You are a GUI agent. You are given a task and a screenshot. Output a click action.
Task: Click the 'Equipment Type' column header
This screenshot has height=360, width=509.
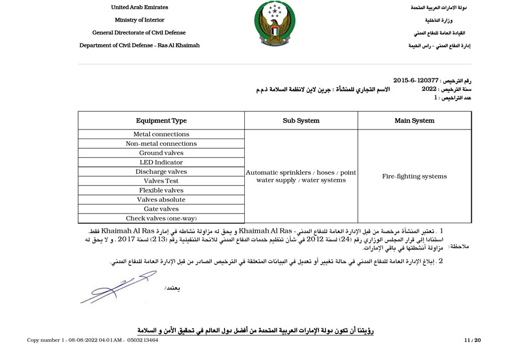click(x=161, y=120)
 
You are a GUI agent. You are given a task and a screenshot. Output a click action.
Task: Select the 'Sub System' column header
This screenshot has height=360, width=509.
click(x=301, y=120)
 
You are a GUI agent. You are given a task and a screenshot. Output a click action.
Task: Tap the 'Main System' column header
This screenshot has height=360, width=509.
click(x=414, y=120)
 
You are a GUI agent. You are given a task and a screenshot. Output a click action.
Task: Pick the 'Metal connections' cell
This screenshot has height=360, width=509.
click(x=161, y=135)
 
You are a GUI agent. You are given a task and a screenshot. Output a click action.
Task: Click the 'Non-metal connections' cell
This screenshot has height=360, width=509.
click(x=161, y=144)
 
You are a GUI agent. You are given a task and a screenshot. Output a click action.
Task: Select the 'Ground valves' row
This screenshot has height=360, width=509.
click(x=161, y=153)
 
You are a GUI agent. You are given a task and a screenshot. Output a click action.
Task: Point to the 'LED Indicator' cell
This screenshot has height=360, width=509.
click(x=161, y=162)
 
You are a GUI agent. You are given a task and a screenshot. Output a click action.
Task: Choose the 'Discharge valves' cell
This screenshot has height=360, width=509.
click(x=161, y=172)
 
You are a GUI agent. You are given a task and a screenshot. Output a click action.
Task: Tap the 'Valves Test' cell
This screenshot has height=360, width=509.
click(x=161, y=181)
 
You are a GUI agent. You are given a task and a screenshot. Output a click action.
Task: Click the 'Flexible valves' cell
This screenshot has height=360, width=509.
click(x=161, y=190)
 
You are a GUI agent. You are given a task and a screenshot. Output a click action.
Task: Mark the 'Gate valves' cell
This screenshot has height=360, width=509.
click(x=161, y=209)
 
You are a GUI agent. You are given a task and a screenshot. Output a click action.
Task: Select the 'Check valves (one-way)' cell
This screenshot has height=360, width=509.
click(x=161, y=218)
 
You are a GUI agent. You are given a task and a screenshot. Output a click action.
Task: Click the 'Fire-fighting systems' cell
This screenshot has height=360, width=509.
click(x=414, y=176)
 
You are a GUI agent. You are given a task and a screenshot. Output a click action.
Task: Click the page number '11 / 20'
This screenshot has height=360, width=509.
click(x=472, y=340)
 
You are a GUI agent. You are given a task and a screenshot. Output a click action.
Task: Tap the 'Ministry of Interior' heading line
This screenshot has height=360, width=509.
click(x=139, y=20)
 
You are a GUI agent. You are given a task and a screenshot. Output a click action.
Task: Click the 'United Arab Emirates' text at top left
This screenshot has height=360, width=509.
click(x=139, y=7)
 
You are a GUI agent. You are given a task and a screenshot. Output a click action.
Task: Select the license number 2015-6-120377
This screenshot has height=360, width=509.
click(x=416, y=81)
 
